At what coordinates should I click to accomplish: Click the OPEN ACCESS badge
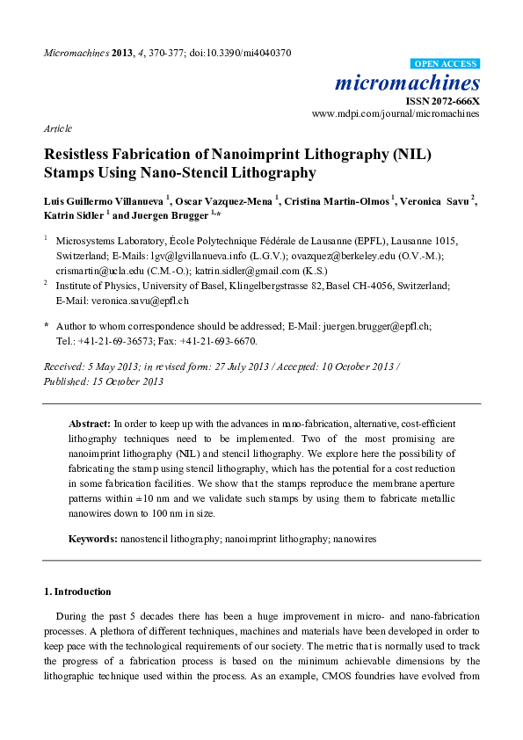pos(446,63)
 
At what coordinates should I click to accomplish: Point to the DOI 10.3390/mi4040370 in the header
pos(247,53)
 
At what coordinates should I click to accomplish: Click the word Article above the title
pos(58,127)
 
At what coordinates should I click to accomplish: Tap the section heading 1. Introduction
pos(77,591)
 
